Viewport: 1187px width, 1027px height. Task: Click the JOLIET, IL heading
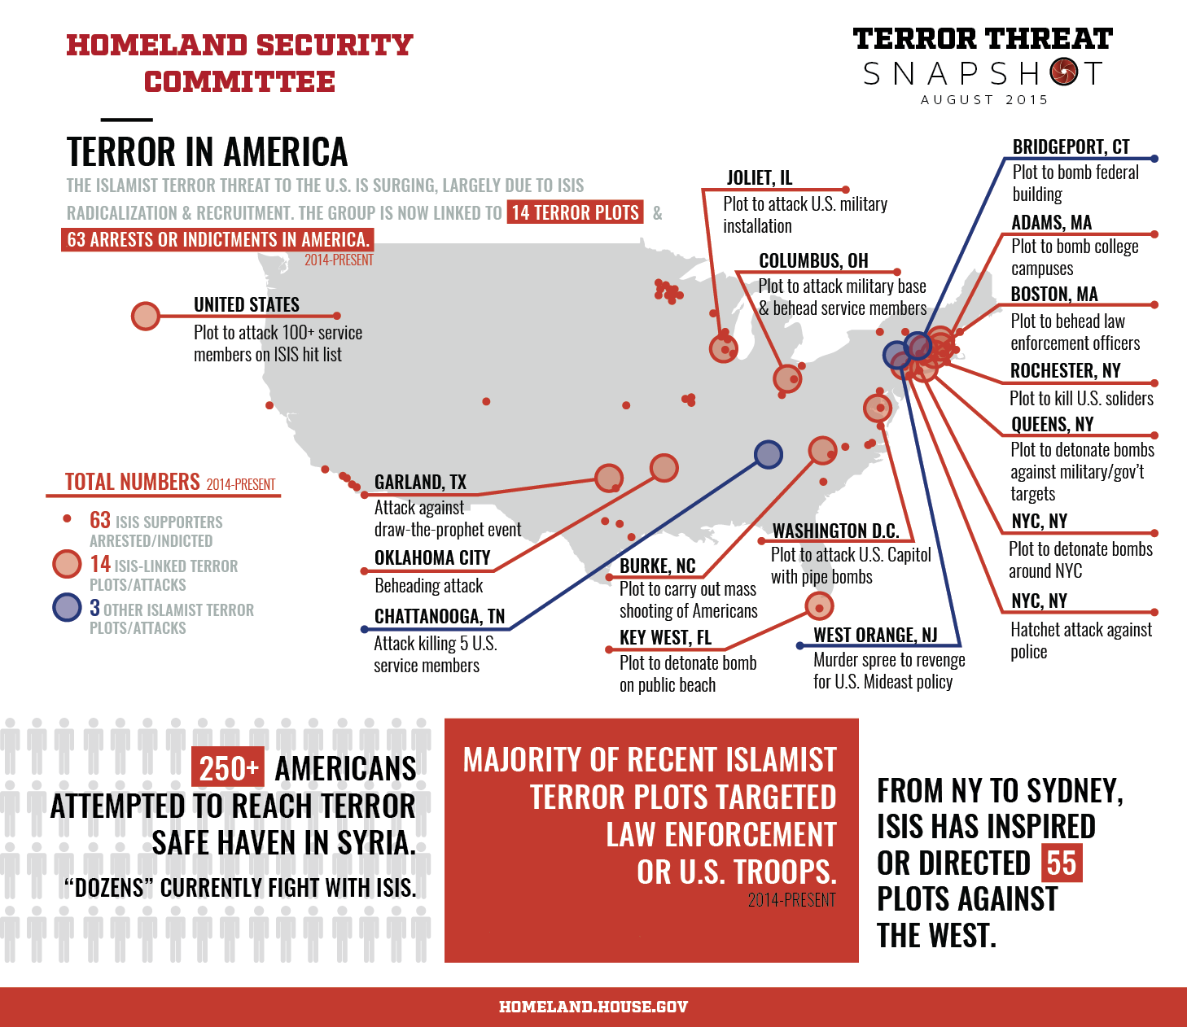[759, 178]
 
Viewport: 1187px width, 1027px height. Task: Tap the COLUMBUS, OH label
[813, 261]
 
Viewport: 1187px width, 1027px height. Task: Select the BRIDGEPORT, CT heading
[1071, 147]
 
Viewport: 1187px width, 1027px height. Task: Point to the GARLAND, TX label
[420, 483]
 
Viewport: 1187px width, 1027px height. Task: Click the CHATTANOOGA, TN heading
[439, 617]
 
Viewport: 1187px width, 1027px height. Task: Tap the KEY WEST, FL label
[665, 638]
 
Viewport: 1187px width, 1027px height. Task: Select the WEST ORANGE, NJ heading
[875, 636]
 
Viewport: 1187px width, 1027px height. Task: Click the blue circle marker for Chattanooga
[768, 454]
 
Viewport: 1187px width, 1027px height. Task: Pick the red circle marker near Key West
[819, 605]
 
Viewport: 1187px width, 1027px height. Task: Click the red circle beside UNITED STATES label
[146, 316]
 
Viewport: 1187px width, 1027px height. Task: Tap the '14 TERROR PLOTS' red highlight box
[575, 212]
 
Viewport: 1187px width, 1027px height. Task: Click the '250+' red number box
[228, 767]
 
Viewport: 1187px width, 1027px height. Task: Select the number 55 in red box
[1061, 863]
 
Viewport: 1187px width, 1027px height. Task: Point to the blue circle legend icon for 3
[67, 607]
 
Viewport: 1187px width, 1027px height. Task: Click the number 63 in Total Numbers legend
[100, 520]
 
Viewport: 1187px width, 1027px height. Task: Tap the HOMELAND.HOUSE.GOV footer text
[593, 1007]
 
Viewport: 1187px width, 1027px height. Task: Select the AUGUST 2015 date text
[983, 99]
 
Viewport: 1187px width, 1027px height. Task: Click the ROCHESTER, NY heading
[1065, 371]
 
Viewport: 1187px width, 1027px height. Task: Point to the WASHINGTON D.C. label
[835, 531]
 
